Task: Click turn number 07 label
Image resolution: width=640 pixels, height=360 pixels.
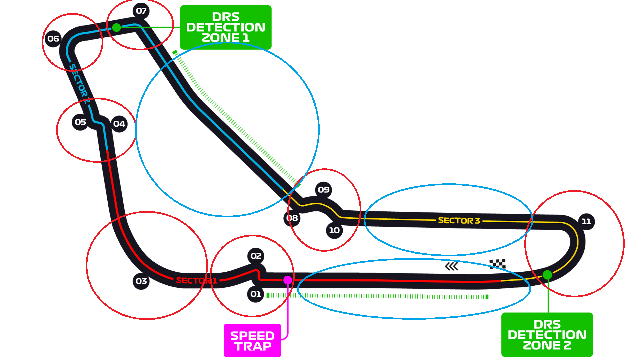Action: (x=141, y=11)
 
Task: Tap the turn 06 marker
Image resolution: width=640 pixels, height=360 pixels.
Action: (x=53, y=39)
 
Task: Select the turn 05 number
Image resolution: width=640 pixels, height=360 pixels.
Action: (x=80, y=122)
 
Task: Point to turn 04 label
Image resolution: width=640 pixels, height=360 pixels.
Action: (x=119, y=124)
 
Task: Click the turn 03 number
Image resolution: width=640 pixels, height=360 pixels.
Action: (x=141, y=281)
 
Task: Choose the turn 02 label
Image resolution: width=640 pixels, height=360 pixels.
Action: (x=256, y=256)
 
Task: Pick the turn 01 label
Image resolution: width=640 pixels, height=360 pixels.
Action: (x=256, y=294)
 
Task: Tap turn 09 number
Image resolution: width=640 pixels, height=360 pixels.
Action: (x=323, y=190)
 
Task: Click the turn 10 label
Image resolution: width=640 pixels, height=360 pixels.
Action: (x=334, y=230)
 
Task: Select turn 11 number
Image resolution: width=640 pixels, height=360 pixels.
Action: (x=586, y=221)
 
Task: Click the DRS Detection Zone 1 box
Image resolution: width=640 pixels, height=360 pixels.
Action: (x=226, y=27)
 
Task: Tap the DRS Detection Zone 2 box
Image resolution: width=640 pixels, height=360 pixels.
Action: (x=547, y=335)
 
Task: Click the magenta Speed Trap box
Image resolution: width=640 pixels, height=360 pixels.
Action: (x=252, y=341)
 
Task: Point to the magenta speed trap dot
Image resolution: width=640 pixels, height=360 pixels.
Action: (x=288, y=280)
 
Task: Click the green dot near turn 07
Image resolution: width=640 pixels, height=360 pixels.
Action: (x=116, y=27)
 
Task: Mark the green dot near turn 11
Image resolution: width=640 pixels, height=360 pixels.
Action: (x=547, y=275)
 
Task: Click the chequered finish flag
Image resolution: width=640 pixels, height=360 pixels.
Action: (x=497, y=264)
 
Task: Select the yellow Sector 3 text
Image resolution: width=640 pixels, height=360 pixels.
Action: (x=459, y=221)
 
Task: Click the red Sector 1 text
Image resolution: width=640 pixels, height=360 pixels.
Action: (x=196, y=281)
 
